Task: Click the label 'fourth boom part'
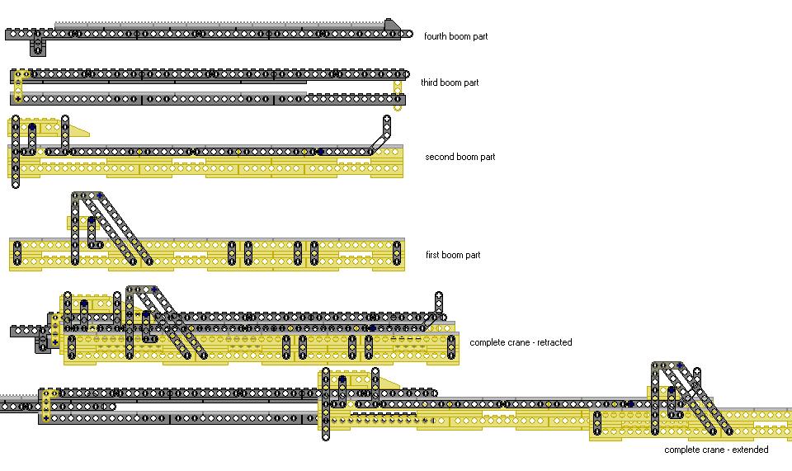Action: click(x=455, y=36)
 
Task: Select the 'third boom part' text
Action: click(x=450, y=82)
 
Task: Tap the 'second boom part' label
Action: click(x=460, y=157)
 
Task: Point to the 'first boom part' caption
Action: click(x=452, y=255)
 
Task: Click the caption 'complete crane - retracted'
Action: click(x=521, y=342)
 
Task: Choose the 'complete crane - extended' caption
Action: click(x=716, y=450)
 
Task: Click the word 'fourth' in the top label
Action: click(x=436, y=36)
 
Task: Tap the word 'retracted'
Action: click(x=554, y=342)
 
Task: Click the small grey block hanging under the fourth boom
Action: click(x=37, y=47)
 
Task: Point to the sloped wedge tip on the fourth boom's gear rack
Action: click(x=392, y=25)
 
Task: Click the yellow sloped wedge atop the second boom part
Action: click(x=79, y=130)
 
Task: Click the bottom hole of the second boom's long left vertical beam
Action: click(x=16, y=184)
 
